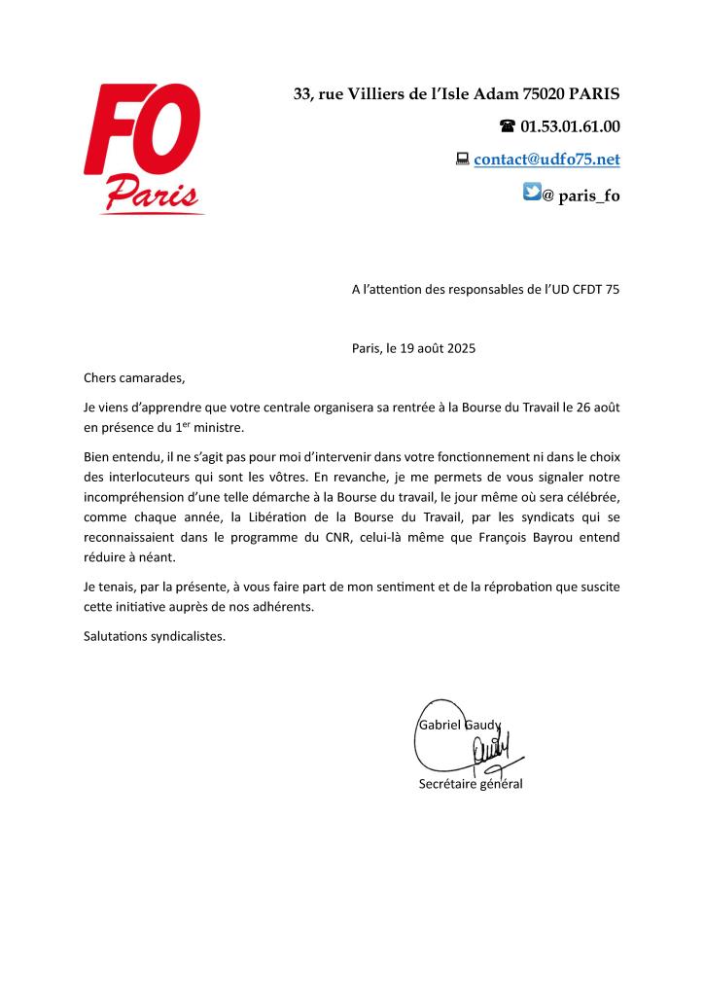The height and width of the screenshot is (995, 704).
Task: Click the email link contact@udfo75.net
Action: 546,159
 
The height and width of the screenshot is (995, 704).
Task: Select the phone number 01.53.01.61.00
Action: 570,126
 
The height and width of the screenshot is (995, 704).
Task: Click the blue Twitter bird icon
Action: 532,193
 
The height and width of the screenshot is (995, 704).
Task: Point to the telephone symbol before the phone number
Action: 507,126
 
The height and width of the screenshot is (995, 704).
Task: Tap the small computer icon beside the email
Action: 463,158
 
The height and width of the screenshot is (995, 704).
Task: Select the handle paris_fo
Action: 589,195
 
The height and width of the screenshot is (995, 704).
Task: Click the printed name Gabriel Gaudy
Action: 459,725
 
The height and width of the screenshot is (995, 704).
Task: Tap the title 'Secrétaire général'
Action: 470,784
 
